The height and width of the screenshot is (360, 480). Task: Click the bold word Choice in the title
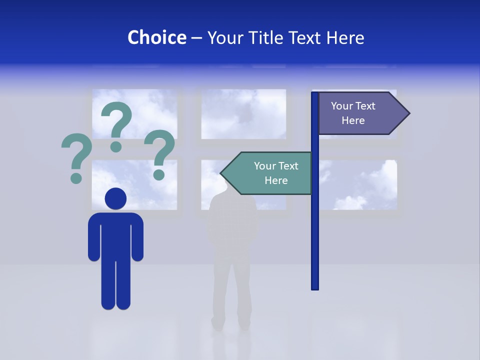156,37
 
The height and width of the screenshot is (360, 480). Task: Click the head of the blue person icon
115,198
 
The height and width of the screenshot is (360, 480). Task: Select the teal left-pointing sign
270,173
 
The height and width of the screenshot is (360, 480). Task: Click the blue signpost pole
315,225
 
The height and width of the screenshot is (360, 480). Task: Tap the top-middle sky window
243,114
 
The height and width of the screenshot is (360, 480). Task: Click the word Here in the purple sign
353,120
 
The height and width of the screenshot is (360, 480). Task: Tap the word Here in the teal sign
276,180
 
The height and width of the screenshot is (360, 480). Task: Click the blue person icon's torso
115,235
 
